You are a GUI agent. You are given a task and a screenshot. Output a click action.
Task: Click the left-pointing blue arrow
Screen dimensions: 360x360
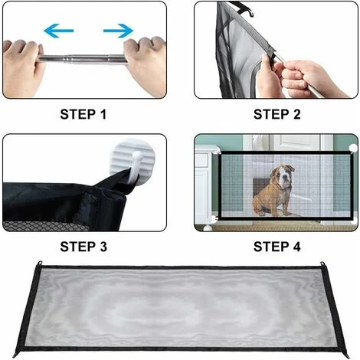pos(59,31)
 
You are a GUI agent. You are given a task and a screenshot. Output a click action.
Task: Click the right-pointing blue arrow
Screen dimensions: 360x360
pos(118,31)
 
